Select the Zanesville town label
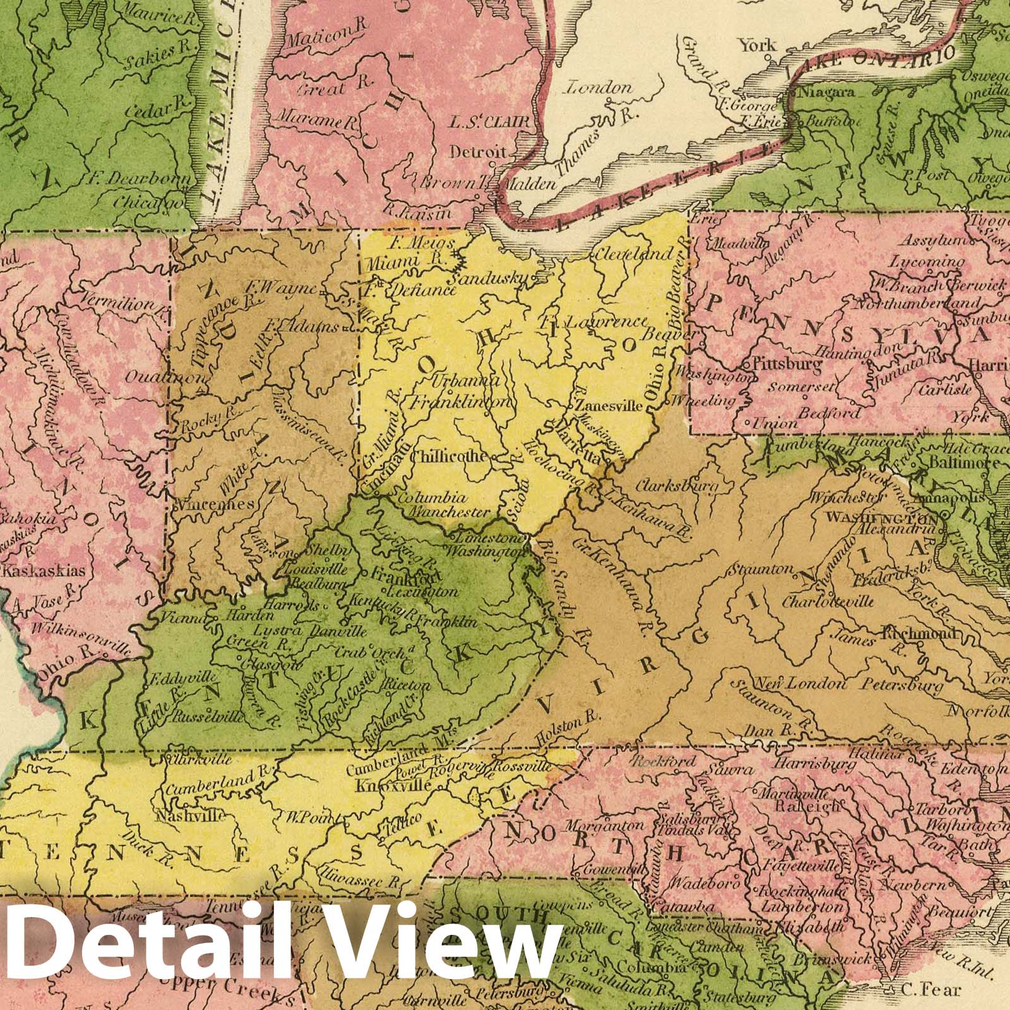[x=606, y=407]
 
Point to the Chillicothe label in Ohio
[x=449, y=456]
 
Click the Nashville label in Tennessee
[x=189, y=816]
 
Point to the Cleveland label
[x=633, y=254]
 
